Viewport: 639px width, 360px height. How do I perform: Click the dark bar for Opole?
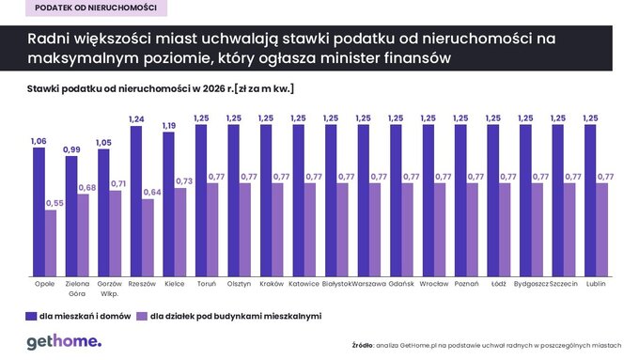click(39, 211)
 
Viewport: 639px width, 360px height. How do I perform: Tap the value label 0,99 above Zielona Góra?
click(71, 150)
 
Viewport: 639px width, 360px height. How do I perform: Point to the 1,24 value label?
click(136, 119)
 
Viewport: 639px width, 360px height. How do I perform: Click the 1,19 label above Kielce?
click(169, 126)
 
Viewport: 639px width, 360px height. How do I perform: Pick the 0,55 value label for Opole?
click(54, 203)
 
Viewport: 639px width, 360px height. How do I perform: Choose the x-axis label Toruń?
click(207, 282)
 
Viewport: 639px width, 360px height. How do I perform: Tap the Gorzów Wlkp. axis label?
click(109, 287)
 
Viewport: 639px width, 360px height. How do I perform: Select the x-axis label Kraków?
click(272, 282)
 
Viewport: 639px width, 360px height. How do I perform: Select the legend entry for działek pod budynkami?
click(229, 316)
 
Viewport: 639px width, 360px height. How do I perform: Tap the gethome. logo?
click(63, 341)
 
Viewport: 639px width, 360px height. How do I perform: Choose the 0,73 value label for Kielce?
click(184, 181)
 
